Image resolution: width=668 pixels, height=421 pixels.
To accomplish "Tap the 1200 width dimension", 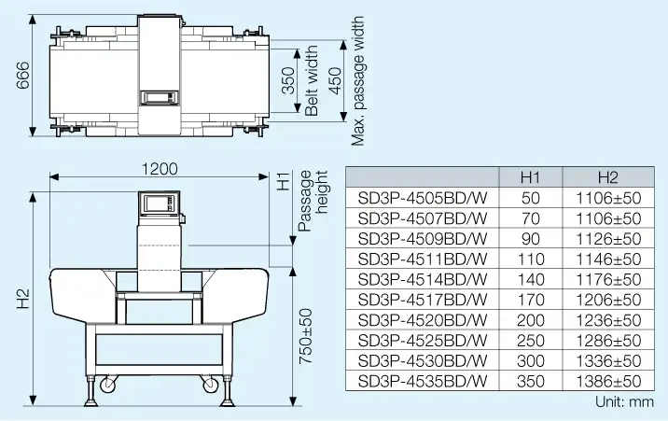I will point(160,169).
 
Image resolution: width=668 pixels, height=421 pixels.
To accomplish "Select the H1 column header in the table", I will point(531,177).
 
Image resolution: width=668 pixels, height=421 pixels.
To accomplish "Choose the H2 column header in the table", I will point(608,177).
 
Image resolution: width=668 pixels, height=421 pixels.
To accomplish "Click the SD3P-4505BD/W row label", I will point(422,198).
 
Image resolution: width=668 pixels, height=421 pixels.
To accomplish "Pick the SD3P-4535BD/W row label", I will point(422,381).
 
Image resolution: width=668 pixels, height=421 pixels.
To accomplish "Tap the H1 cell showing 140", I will point(531,279).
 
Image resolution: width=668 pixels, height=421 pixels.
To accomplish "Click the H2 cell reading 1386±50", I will point(608,381).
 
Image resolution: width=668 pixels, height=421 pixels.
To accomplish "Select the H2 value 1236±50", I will point(608,320).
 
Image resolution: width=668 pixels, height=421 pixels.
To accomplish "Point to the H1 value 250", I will point(531,341).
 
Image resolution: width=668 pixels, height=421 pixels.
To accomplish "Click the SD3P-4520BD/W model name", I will point(422,320).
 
